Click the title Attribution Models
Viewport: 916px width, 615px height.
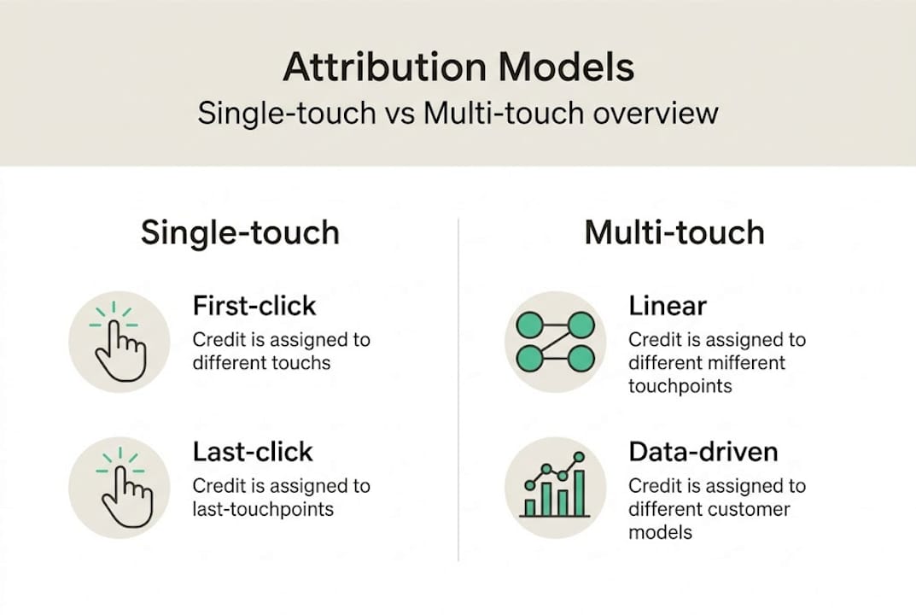(x=458, y=67)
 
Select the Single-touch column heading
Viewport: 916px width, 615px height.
(x=240, y=232)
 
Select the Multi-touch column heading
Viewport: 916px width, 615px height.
(x=674, y=232)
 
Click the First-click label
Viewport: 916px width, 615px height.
(x=254, y=306)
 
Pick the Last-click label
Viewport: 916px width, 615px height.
(x=253, y=451)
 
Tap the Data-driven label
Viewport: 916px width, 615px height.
(x=703, y=451)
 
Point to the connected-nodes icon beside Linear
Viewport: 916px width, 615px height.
(x=555, y=341)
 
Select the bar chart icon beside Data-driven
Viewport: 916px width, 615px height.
(x=555, y=488)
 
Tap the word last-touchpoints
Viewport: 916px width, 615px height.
(x=262, y=509)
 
